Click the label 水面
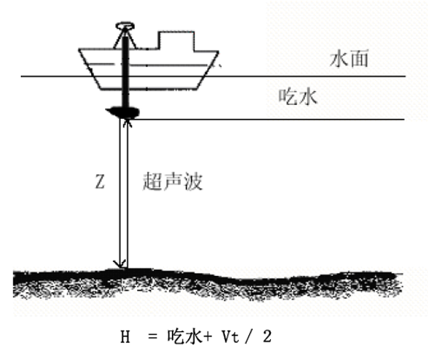[x=349, y=58]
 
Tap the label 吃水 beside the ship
[x=298, y=97]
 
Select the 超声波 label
[x=173, y=181]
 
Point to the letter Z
[x=100, y=182]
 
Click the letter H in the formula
[x=125, y=337]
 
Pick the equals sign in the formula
[x=153, y=337]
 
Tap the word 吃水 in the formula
[x=184, y=336]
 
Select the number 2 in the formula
[x=267, y=336]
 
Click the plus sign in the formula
[x=207, y=337]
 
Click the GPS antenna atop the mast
[x=125, y=26]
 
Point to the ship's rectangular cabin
[x=177, y=41]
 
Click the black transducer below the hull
[x=123, y=112]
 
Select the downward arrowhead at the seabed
[x=120, y=264]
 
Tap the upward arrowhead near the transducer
[x=128, y=124]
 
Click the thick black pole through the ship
[x=125, y=71]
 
